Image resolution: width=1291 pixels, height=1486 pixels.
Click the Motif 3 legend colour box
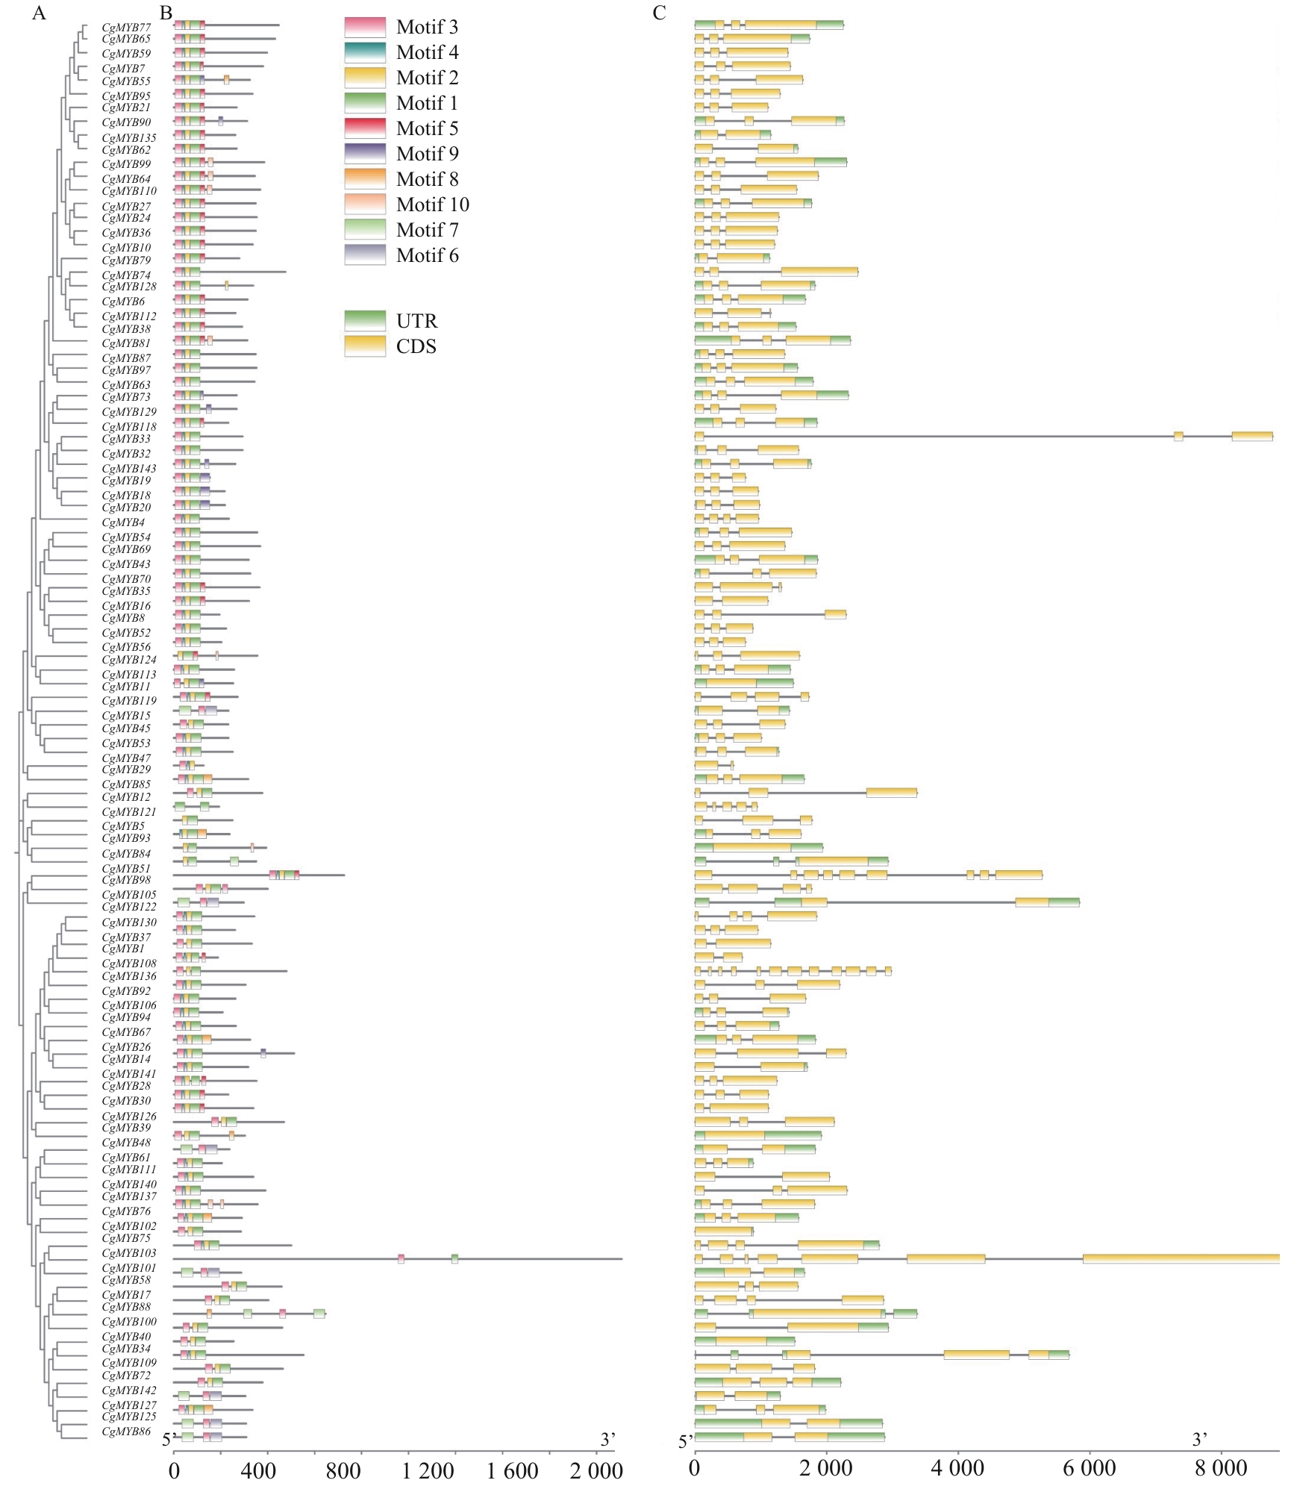click(365, 28)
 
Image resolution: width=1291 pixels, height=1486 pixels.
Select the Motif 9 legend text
click(427, 154)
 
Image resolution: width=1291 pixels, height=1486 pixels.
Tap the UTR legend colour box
click(365, 321)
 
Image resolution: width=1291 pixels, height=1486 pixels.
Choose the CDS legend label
click(416, 347)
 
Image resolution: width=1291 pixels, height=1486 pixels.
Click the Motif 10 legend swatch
click(365, 205)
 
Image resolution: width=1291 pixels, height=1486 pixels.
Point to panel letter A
click(39, 13)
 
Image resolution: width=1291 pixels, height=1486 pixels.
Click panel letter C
click(659, 13)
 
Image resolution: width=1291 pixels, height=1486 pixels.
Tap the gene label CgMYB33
click(126, 439)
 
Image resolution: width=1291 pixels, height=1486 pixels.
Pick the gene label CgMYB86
click(126, 1432)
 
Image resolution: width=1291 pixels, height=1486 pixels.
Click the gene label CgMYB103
click(129, 1253)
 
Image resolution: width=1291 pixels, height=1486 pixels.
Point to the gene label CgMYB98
click(126, 880)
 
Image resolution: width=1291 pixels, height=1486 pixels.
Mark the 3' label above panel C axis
click(1199, 1439)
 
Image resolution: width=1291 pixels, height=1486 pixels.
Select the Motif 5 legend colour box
click(365, 128)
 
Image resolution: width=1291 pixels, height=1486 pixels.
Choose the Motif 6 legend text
click(427, 256)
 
